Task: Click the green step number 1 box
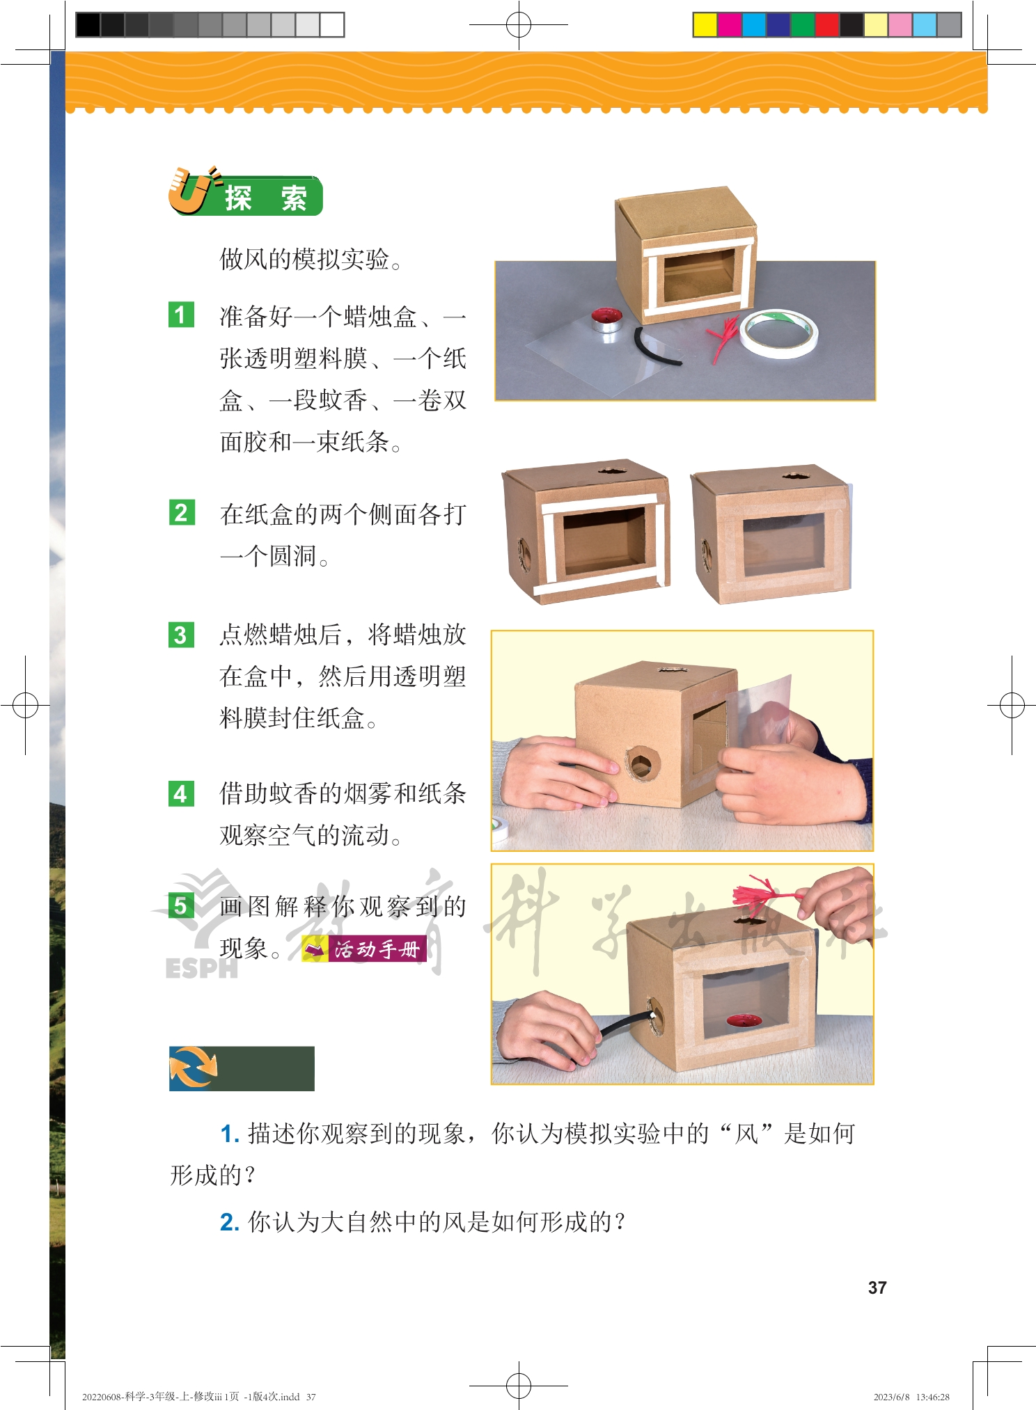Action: coord(181,315)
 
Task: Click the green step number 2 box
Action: coord(181,512)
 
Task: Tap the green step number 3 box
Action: coord(181,635)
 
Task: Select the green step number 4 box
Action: coord(181,793)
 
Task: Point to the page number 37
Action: coord(877,1288)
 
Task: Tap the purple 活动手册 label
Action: coord(364,949)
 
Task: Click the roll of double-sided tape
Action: coord(778,333)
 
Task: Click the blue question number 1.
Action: coord(230,1134)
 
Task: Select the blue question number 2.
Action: coord(230,1222)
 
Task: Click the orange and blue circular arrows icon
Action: coord(194,1068)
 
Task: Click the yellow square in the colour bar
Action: coord(705,24)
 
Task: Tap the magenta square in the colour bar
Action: coord(729,24)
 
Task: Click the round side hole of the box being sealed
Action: coord(641,763)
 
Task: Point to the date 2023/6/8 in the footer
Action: coord(891,1397)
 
